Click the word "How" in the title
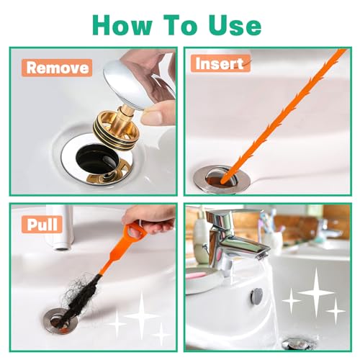tap(122, 25)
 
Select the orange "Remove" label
tap(57, 68)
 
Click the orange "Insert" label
tap(220, 63)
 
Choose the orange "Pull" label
tap(42, 225)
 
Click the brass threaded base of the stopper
tap(114, 125)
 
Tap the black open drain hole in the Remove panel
tap(97, 158)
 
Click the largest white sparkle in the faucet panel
tap(315, 293)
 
